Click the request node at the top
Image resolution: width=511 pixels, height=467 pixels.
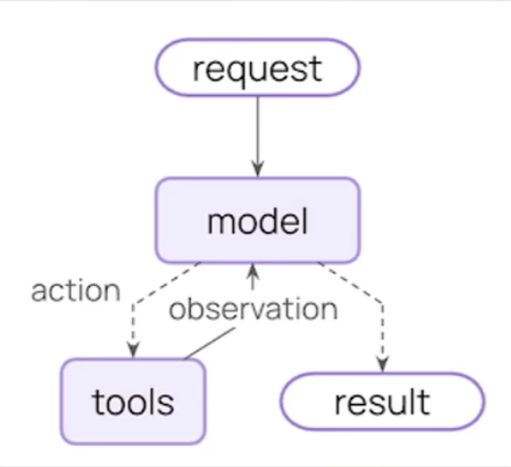(258, 68)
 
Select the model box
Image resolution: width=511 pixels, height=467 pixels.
(258, 221)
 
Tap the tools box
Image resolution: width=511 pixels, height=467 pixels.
(133, 401)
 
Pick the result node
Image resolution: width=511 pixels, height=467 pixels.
(383, 401)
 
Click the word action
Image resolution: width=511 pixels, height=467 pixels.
(76, 291)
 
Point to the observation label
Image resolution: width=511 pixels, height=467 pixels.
(253, 309)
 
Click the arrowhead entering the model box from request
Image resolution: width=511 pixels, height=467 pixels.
(258, 169)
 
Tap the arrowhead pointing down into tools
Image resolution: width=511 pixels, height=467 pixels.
(133, 350)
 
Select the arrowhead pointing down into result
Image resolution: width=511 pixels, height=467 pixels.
(383, 363)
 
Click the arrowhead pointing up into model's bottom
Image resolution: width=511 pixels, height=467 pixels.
(253, 272)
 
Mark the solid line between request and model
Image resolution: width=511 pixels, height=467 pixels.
(258, 138)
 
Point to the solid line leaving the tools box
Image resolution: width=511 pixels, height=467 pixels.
(210, 343)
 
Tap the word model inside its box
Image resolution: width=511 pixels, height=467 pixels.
(258, 222)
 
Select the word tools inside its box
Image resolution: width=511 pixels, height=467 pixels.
(133, 402)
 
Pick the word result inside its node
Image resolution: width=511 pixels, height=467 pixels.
(382, 402)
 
